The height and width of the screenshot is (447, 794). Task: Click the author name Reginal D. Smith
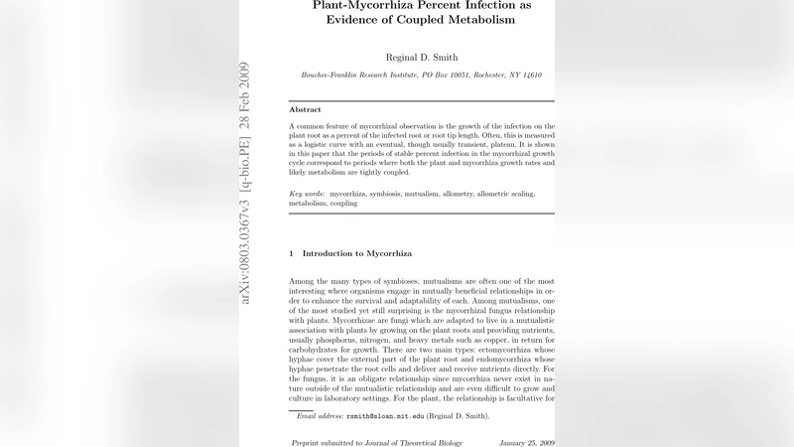pyautogui.click(x=422, y=58)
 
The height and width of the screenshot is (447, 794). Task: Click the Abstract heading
pyautogui.click(x=305, y=109)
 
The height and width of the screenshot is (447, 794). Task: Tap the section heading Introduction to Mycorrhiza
pyautogui.click(x=356, y=253)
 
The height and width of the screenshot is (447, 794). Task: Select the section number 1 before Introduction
pyautogui.click(x=291, y=253)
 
